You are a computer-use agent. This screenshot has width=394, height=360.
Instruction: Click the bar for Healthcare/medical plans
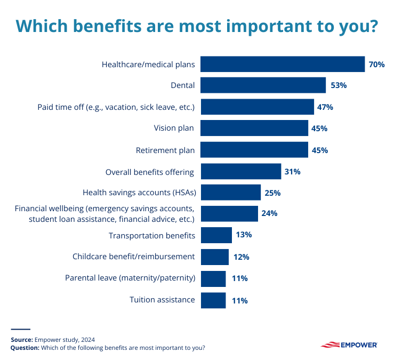click(x=282, y=65)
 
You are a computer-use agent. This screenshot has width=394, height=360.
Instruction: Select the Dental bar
click(x=263, y=85)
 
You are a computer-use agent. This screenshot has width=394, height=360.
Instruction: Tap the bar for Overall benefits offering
click(x=240, y=172)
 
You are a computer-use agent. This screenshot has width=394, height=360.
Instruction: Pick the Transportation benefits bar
click(x=216, y=235)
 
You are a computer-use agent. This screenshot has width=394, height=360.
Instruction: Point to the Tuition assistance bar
click(x=213, y=300)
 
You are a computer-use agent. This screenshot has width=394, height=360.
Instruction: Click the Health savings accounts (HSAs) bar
click(x=230, y=193)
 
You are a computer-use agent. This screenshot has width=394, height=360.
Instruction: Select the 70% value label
click(x=376, y=65)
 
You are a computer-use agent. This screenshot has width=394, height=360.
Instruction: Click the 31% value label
click(x=293, y=172)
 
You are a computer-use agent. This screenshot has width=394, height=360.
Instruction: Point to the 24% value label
click(x=270, y=213)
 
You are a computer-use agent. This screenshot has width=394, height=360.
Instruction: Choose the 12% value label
click(x=241, y=257)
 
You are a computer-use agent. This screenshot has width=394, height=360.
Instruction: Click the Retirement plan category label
click(x=165, y=150)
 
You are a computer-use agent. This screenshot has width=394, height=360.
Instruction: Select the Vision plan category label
click(x=174, y=129)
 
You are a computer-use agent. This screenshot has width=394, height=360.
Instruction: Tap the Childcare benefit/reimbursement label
click(x=133, y=257)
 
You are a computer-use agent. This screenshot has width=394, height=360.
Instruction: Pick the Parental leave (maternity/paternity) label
click(x=130, y=278)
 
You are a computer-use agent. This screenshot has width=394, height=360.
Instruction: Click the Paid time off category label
click(x=116, y=107)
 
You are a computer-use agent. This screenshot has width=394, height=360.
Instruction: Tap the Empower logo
click(x=349, y=345)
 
